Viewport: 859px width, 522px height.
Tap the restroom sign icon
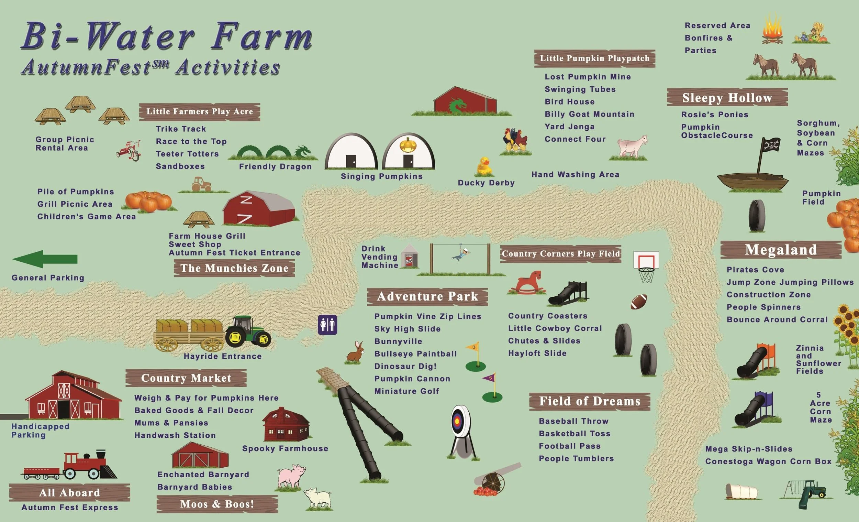tap(327, 325)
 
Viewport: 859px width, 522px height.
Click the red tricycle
tap(128, 151)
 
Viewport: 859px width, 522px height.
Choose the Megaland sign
tap(781, 250)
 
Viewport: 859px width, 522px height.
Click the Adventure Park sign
tap(427, 296)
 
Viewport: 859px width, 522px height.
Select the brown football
tap(638, 302)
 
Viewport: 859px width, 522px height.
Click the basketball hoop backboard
tap(646, 260)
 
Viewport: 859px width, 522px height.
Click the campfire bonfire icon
tap(772, 30)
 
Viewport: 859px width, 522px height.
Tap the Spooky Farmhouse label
tap(285, 448)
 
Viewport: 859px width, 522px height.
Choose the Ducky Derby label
tap(486, 183)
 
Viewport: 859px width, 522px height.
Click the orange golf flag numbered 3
tap(473, 347)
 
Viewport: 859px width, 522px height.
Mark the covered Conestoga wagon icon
tap(741, 491)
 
